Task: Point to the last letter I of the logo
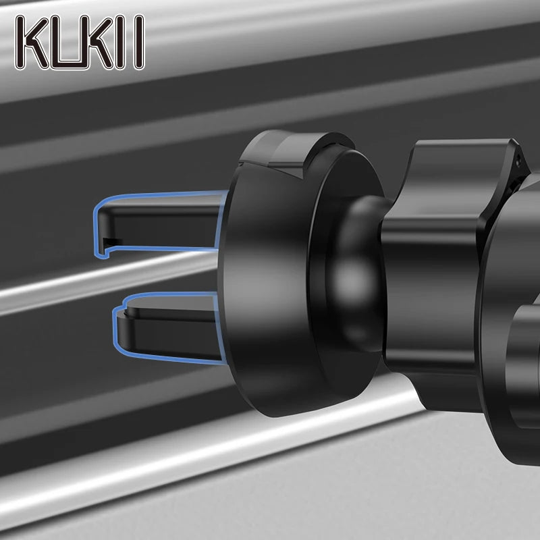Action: (139, 42)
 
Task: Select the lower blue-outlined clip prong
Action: (165, 327)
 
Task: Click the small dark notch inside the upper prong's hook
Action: (113, 242)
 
